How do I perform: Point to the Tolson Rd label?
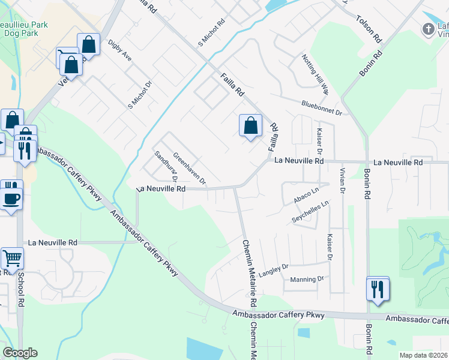tap(369, 28)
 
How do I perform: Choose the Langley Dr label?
tap(274, 267)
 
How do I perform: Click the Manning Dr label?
tap(307, 279)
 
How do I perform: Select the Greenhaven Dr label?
tap(189, 167)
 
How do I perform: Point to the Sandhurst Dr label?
tap(166, 165)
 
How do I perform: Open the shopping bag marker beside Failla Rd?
tap(251, 126)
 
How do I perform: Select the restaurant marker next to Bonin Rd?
tap(378, 289)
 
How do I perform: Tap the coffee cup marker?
tap(11, 197)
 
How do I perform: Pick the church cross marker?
tap(428, 28)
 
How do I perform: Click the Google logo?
tap(20, 353)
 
